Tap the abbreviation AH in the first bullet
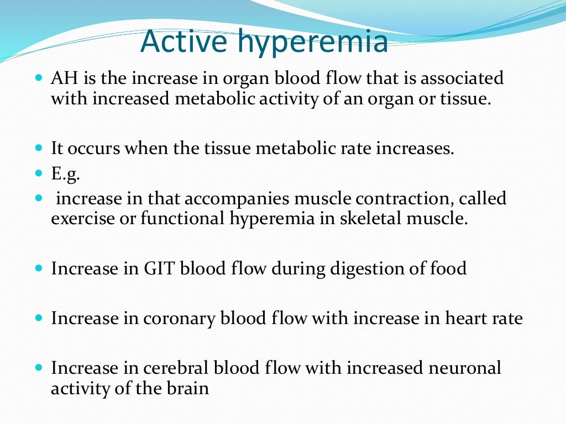click(x=62, y=79)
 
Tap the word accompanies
click(x=233, y=199)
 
